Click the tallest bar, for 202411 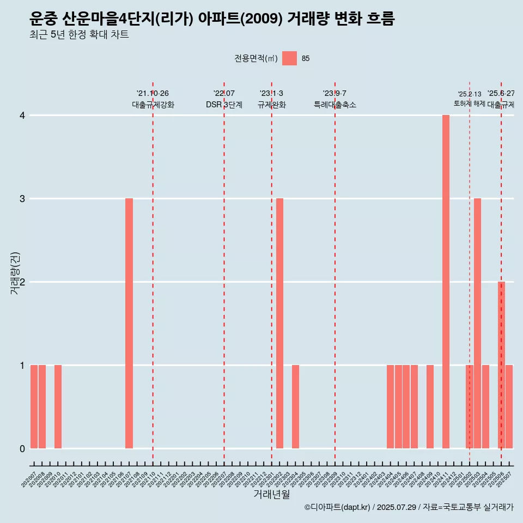coord(446,282)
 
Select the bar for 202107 coord(129,323)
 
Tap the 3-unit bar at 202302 coord(279,323)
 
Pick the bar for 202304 coord(295,406)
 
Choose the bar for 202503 coord(477,323)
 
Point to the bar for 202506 coord(501,365)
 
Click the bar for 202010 coord(58,406)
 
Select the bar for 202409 coord(430,406)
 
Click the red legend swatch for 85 coord(290,58)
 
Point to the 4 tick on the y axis coord(22,115)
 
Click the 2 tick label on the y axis coord(22,282)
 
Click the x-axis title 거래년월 coord(271,494)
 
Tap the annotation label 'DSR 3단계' coord(224,105)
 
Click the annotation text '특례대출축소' coord(335,105)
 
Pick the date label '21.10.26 coord(153,94)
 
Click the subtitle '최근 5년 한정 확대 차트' coord(80,35)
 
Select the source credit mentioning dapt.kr coord(409,507)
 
